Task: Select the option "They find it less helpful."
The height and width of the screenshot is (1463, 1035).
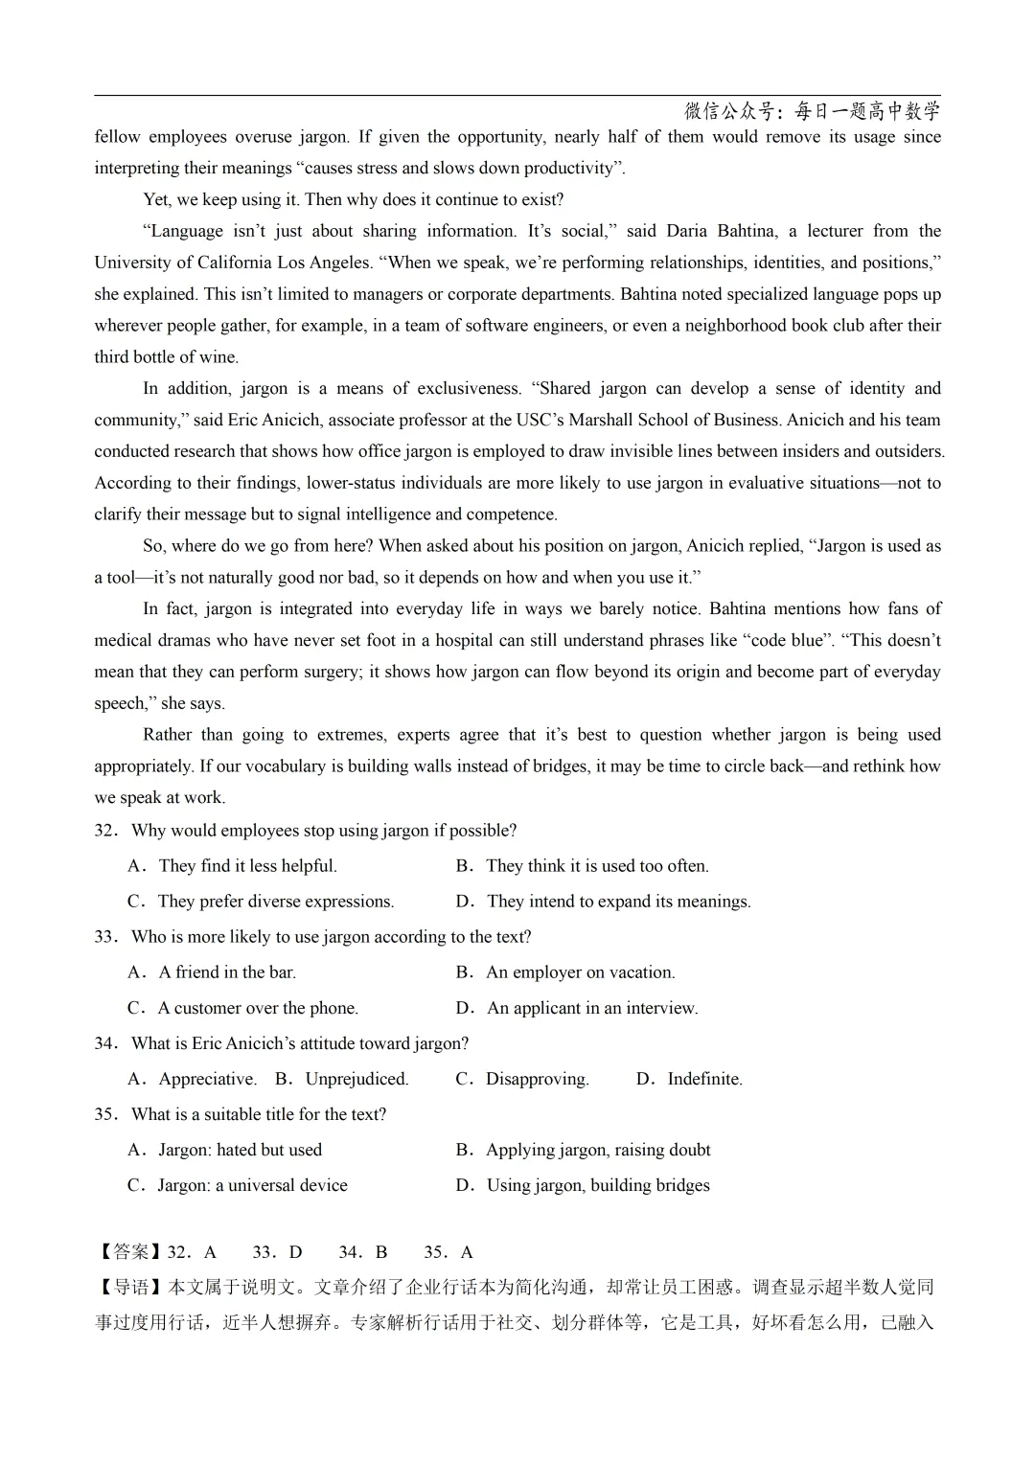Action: (247, 866)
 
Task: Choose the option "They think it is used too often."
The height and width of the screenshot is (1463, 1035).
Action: (597, 866)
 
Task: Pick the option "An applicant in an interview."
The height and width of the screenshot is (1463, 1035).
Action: (592, 1008)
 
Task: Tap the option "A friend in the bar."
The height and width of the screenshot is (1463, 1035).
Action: (227, 972)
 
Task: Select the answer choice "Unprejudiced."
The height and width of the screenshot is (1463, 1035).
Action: (356, 1079)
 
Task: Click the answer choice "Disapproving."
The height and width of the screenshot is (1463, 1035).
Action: (537, 1079)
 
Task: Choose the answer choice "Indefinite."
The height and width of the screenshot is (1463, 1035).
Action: (704, 1079)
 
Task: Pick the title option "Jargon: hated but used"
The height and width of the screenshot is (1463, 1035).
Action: (240, 1150)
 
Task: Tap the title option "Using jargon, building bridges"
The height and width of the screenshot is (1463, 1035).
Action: (598, 1185)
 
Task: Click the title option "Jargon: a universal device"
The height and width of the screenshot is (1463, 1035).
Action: (252, 1185)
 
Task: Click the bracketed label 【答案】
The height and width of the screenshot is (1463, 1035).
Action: (130, 1252)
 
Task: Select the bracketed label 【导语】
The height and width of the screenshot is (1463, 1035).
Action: (130, 1288)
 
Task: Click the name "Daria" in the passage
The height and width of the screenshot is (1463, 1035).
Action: (686, 231)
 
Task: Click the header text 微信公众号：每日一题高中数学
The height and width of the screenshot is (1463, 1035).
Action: (813, 111)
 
